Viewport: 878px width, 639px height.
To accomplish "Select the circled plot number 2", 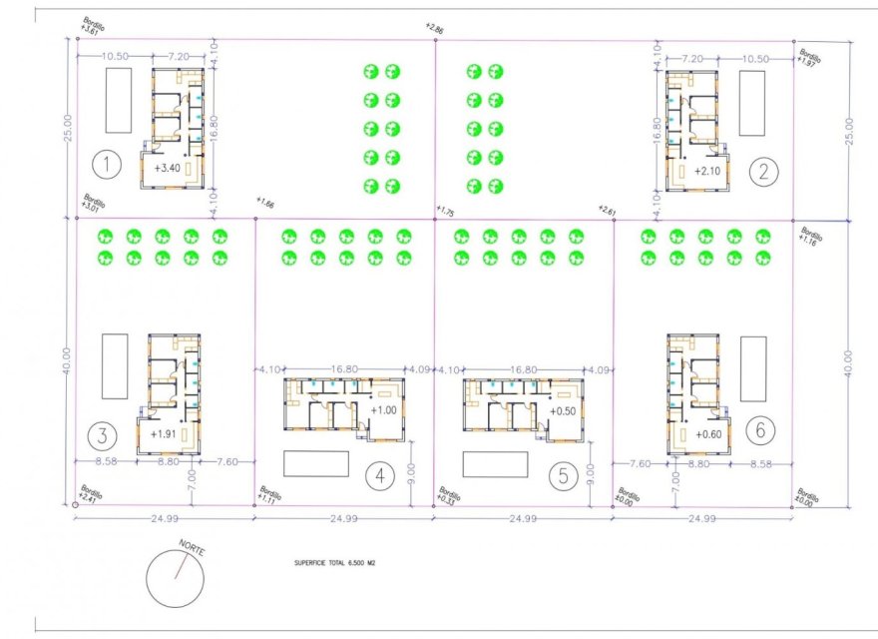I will (x=764, y=171).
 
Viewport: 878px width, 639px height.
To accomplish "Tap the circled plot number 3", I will (x=103, y=434).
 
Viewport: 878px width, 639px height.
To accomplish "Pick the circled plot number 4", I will (x=379, y=476).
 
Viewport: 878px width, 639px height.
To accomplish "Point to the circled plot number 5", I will (x=564, y=476).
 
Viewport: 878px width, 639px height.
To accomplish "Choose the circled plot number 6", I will (x=760, y=430).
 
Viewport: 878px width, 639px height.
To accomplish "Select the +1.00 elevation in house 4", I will (x=384, y=409).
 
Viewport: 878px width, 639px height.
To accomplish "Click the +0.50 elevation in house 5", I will (x=564, y=409).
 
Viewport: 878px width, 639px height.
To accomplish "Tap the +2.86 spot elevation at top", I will (x=434, y=27).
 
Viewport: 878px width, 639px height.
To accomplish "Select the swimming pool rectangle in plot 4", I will (x=316, y=464).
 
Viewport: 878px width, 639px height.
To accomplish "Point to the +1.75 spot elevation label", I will (x=446, y=213).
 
